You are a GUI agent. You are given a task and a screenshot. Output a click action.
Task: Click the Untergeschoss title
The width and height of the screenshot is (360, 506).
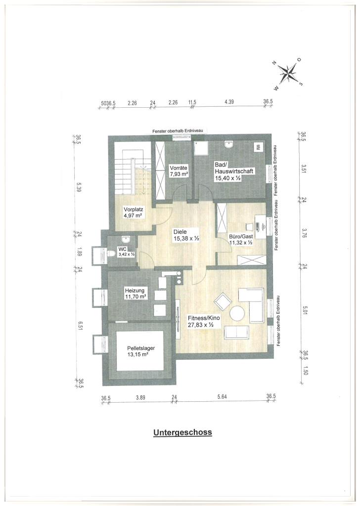click(x=183, y=432)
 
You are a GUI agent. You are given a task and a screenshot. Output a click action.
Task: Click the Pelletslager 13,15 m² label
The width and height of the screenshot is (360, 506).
click(x=141, y=351)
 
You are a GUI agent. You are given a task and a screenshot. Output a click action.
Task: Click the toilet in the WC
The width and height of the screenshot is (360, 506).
click(x=112, y=253)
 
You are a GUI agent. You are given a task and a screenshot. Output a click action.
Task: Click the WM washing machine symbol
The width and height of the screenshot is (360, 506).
click(x=258, y=147)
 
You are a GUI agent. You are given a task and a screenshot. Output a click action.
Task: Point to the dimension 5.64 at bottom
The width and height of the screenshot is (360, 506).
click(x=222, y=397)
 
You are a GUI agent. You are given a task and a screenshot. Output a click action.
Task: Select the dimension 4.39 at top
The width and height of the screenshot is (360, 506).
click(x=229, y=102)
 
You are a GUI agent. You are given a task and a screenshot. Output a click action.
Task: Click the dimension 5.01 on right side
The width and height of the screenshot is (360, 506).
click(x=305, y=312)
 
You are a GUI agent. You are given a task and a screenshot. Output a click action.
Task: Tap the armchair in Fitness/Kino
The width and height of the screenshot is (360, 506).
click(x=223, y=301)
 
